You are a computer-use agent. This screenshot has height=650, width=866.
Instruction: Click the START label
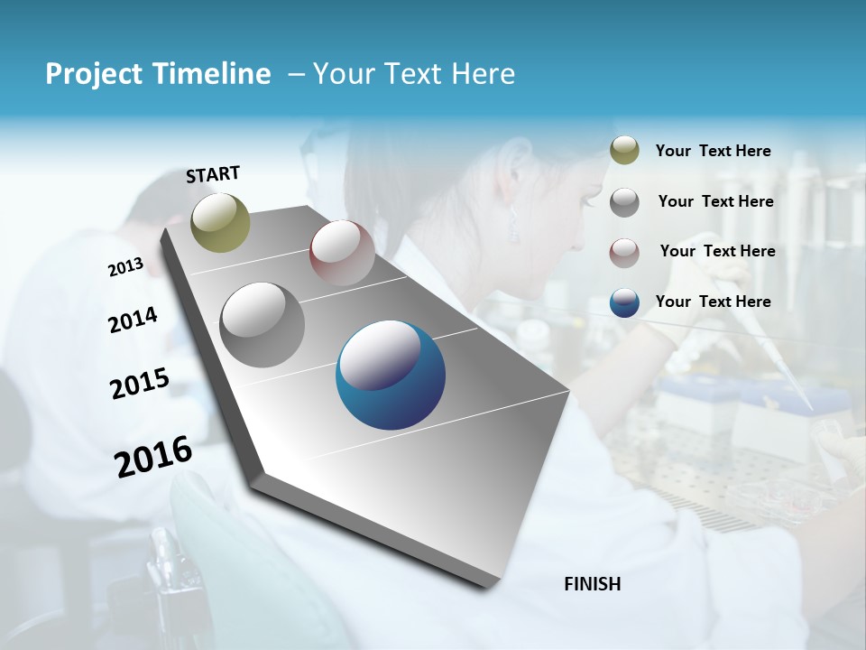[213, 174]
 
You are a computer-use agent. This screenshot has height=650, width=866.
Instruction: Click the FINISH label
[593, 584]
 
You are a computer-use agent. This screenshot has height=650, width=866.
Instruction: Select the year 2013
[126, 267]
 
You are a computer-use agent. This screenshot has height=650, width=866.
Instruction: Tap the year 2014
[134, 320]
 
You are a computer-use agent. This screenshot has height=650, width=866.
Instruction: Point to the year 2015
[140, 384]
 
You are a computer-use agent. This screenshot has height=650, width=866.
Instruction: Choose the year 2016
[153, 456]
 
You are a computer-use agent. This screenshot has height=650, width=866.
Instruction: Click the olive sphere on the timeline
[221, 222]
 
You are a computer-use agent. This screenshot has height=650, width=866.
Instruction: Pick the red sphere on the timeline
[342, 253]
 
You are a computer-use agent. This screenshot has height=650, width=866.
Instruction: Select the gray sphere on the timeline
[263, 325]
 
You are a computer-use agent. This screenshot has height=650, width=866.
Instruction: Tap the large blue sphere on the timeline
[391, 376]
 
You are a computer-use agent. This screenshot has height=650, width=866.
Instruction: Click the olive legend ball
[624, 151]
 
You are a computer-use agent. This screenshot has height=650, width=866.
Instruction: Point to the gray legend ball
[624, 202]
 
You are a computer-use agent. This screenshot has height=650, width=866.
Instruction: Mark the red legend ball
[624, 252]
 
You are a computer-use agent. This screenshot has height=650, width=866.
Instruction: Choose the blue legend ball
[624, 302]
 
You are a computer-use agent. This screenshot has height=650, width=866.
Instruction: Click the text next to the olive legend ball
[713, 151]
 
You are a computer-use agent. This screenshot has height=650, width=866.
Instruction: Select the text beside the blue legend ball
[713, 302]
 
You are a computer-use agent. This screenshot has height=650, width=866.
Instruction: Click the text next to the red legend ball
[717, 251]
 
